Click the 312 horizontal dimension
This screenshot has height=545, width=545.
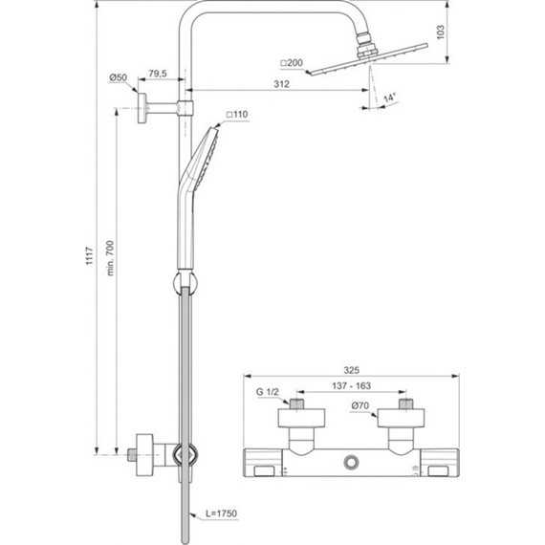pos(281,84)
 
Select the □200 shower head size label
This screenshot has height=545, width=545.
pos(292,63)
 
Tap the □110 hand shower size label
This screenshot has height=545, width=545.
pos(236,116)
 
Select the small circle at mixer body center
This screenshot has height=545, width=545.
pos(351,462)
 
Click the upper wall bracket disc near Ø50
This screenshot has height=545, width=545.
pos(142,107)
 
